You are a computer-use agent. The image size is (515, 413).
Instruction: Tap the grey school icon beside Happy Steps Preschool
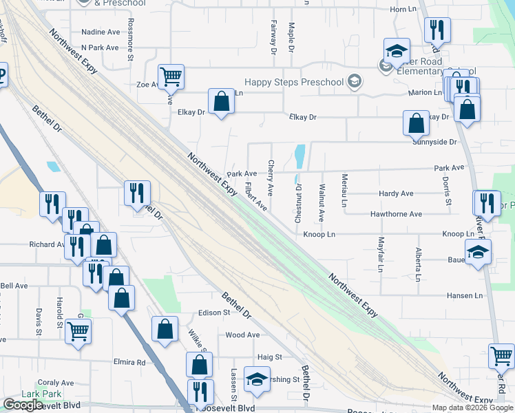click(355, 83)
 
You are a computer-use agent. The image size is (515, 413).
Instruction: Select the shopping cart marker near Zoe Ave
click(170, 76)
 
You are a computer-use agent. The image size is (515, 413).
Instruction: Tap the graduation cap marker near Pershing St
click(257, 380)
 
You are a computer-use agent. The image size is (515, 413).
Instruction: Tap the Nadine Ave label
click(101, 32)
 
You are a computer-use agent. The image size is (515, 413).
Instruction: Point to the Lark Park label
click(41, 394)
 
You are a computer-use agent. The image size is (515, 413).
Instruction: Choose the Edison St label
click(213, 313)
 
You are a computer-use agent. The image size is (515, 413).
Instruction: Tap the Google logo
click(23, 405)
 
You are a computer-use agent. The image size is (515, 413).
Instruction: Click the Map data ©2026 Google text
click(472, 407)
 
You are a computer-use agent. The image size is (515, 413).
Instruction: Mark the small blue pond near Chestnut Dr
click(299, 156)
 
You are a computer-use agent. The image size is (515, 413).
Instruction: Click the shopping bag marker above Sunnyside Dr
click(417, 123)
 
